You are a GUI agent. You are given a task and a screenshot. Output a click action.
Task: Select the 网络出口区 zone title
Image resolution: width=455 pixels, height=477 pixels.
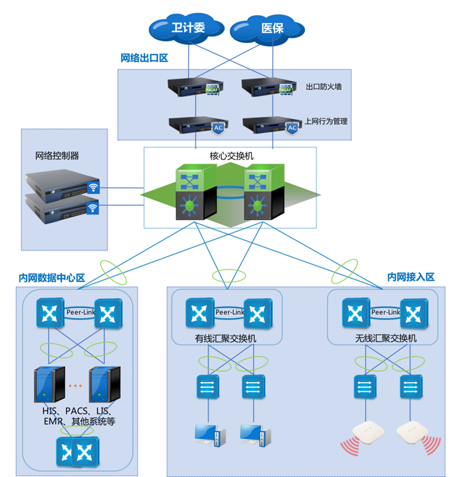(x=144, y=58)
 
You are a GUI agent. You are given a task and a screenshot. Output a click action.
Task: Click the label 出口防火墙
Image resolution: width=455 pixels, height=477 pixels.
(x=323, y=87)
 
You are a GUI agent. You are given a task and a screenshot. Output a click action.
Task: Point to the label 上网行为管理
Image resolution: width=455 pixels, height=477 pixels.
(x=327, y=121)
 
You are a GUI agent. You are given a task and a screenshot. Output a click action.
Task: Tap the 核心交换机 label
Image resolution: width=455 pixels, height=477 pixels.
(x=229, y=156)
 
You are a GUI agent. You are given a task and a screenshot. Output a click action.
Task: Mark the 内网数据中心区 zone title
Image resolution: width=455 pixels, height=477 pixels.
(x=52, y=278)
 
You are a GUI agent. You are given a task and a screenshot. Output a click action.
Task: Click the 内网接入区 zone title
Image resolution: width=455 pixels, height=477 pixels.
(x=411, y=277)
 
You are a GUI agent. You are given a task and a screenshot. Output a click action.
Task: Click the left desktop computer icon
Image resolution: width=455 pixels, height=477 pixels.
(x=209, y=435)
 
